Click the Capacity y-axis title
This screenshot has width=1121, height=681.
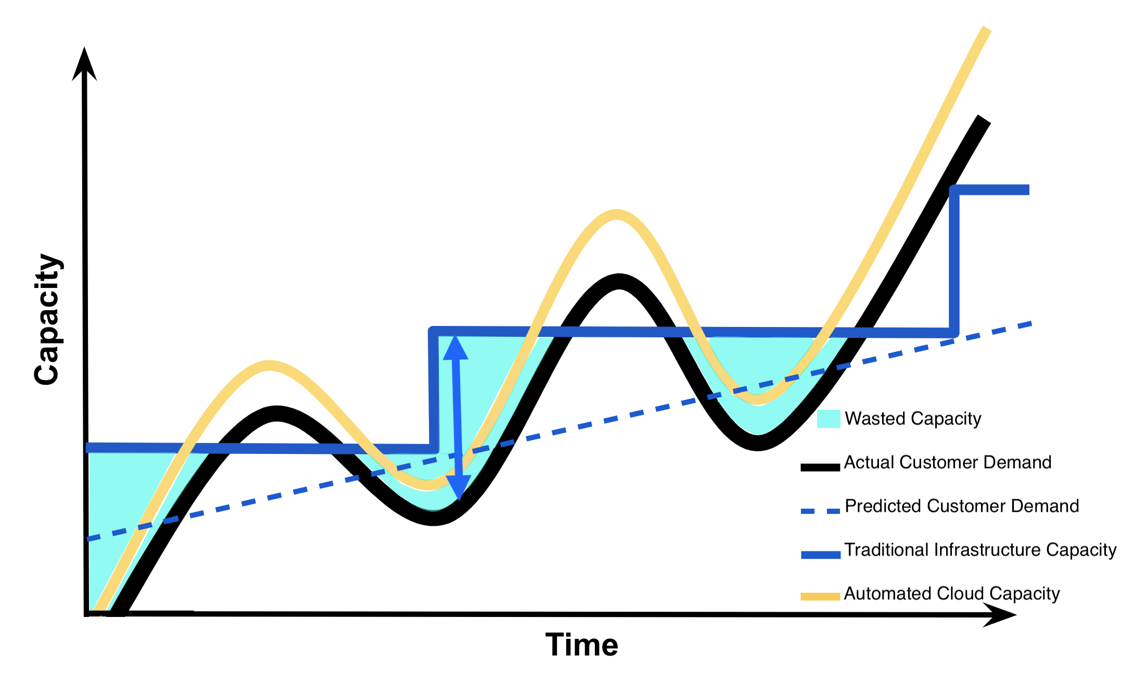pos(48,320)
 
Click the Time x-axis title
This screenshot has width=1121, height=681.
pos(581,645)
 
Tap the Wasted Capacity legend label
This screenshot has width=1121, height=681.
pos(913,419)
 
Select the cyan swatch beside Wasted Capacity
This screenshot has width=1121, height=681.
pos(828,419)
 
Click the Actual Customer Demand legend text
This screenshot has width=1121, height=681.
pos(947,462)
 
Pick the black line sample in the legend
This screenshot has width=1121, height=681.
pos(820,467)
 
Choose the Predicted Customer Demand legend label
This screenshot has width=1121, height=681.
pos(962,506)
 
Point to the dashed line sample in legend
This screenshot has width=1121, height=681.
pos(820,511)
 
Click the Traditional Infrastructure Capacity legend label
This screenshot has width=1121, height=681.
pos(980,550)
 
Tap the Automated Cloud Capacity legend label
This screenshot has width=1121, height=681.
pos(951,594)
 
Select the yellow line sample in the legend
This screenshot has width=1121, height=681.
pos(820,597)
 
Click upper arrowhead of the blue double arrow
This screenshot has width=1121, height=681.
pos(455,348)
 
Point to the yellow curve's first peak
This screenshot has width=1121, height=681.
pos(269,365)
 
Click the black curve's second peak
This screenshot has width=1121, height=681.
pos(618,281)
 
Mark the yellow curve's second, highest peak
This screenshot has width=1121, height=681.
pos(616,215)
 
